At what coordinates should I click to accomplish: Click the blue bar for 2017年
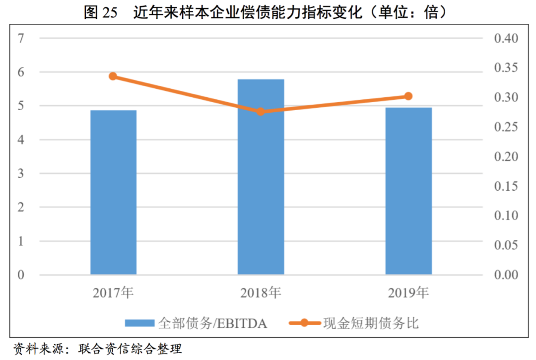click(113, 192)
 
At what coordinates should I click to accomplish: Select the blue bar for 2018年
click(261, 177)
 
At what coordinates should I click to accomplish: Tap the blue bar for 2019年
click(408, 191)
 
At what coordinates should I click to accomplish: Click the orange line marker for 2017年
click(113, 76)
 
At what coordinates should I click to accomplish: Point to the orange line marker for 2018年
click(261, 112)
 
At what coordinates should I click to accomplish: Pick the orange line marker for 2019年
click(408, 96)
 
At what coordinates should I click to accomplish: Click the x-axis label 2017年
click(113, 293)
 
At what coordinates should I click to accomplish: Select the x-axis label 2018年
click(261, 293)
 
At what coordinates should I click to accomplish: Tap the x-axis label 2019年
click(408, 293)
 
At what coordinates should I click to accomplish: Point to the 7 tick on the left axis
click(21, 38)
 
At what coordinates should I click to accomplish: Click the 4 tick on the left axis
click(21, 140)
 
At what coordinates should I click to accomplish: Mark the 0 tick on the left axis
click(21, 275)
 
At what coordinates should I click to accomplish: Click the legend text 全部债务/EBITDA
click(213, 324)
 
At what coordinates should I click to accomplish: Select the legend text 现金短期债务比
click(371, 324)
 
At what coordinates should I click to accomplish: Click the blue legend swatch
click(139, 324)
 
